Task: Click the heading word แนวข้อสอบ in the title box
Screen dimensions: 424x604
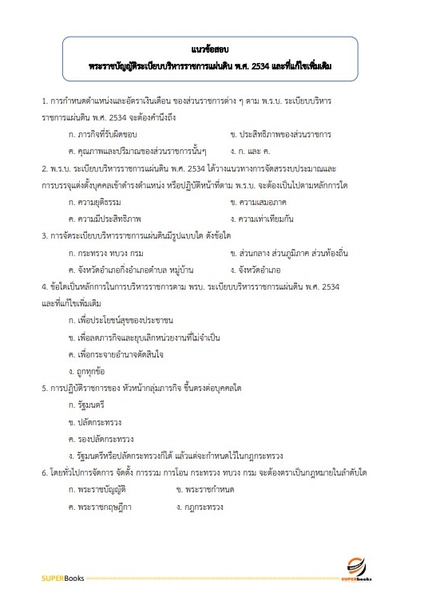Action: point(211,49)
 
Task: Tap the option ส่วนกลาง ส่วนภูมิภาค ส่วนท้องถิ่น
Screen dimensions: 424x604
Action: point(292,253)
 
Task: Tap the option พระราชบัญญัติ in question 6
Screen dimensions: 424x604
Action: point(104,489)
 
